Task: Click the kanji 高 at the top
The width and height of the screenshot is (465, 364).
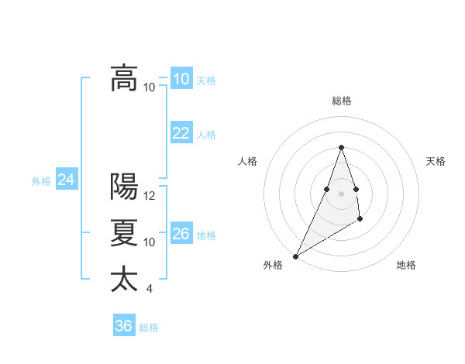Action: [x=124, y=77]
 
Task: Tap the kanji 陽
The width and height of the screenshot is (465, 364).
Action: [x=124, y=187]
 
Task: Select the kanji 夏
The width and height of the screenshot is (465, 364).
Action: [x=124, y=233]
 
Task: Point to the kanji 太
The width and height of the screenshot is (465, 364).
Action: [x=124, y=279]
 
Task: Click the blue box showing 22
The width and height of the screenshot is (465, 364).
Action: [x=181, y=133]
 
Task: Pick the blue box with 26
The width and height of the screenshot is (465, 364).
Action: [x=181, y=234]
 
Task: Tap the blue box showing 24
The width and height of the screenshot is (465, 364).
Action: [x=66, y=180]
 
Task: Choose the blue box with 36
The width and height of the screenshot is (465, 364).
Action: [x=124, y=326]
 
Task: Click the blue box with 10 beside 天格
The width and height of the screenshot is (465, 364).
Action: [x=181, y=79]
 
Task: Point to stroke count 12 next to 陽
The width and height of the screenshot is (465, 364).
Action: [x=150, y=196]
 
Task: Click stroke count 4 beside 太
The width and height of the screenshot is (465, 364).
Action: [x=150, y=289]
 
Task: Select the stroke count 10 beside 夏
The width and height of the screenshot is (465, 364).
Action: [x=150, y=242]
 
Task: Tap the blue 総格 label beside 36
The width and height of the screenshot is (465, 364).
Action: [x=149, y=328]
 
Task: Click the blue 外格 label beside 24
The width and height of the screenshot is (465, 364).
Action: [x=41, y=181]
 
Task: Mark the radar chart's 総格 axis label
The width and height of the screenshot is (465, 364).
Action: [x=341, y=101]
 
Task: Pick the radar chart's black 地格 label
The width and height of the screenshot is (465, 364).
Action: [x=406, y=265]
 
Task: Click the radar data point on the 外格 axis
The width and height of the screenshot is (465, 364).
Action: [x=295, y=256]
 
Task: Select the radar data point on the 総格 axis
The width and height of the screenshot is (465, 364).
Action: [x=341, y=147]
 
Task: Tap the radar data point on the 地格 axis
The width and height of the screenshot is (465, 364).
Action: [x=360, y=220]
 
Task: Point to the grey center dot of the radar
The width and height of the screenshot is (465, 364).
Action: [x=341, y=193]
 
